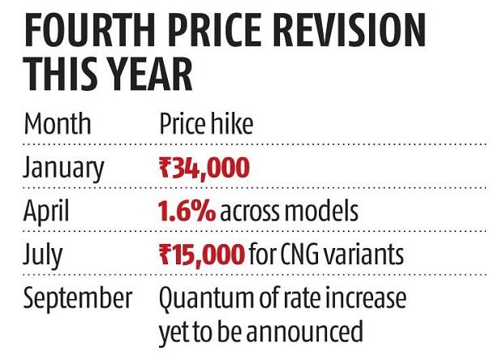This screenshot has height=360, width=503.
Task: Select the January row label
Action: tap(64, 169)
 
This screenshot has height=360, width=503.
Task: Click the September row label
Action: tap(78, 298)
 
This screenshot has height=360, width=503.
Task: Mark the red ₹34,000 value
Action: tap(204, 169)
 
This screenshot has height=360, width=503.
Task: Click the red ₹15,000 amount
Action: tap(202, 255)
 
